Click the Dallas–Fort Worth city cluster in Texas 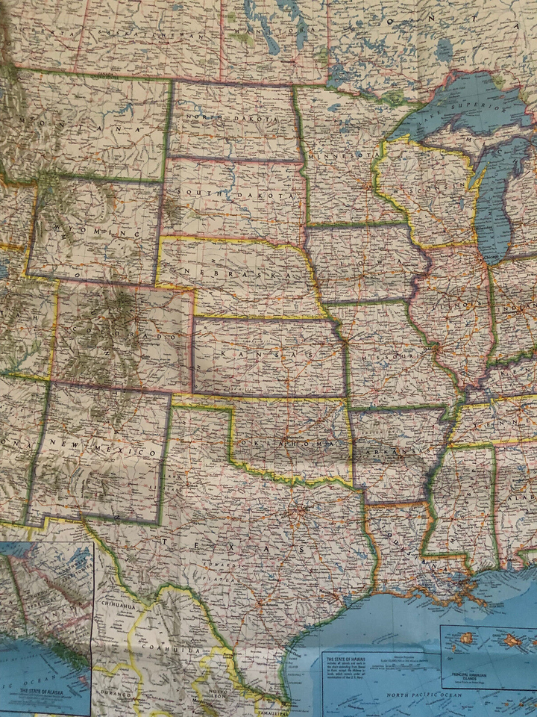[298, 515]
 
